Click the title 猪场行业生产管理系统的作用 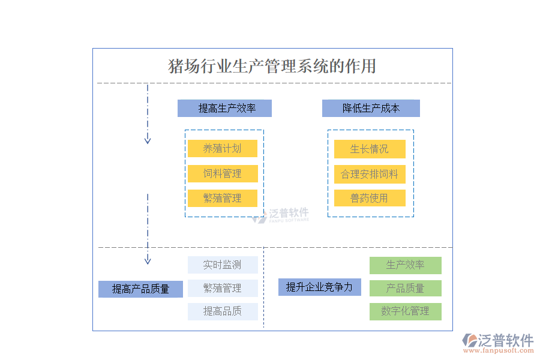coord(272,65)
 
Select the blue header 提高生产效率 coord(224,108)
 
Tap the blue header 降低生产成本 coord(371,108)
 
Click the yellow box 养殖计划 coord(223,149)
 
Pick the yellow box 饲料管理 coord(223,173)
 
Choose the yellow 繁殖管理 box coord(223,198)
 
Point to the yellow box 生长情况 coord(370,149)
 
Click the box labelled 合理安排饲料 coord(370,174)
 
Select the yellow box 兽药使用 coord(370,198)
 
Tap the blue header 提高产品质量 coord(140,289)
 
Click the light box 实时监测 coord(223,265)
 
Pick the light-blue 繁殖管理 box coord(223,288)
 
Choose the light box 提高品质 coord(223,311)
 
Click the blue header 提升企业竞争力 coord(319,287)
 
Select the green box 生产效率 coord(406,265)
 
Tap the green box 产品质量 coord(406,288)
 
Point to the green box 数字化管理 coord(406,311)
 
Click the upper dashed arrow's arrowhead coord(148,140)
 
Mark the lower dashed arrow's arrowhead coord(148,260)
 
